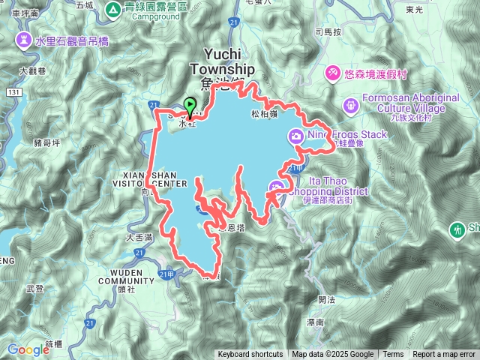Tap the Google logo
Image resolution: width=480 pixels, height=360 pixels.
[x=28, y=349]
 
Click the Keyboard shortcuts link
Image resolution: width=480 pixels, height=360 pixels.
[x=250, y=355]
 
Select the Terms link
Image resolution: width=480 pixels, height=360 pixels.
[x=393, y=355]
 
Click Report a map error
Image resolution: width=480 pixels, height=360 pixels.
[x=444, y=355]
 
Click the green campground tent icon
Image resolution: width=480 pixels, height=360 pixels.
[x=112, y=10]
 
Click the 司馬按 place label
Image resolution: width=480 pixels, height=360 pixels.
[x=328, y=32]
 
